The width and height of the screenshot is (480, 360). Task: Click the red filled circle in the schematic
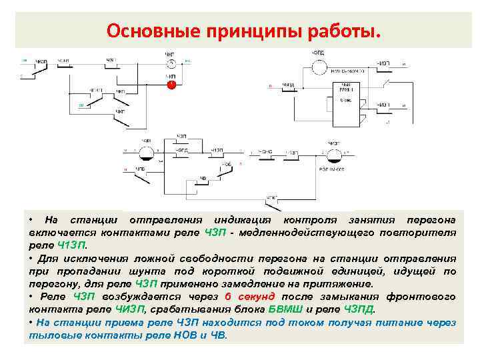[171, 85]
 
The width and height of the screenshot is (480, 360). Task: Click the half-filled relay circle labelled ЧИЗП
[333, 155]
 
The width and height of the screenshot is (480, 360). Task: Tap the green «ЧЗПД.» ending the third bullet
[360, 309]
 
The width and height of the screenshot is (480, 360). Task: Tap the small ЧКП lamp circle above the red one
[171, 64]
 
